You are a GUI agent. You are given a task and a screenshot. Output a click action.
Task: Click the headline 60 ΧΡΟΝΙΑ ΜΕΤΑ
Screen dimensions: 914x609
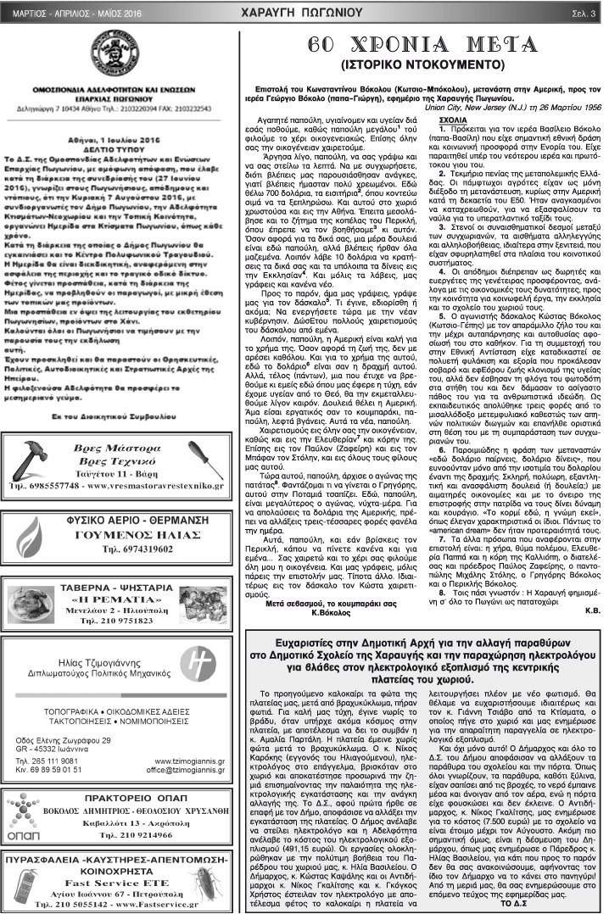point(423,46)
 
